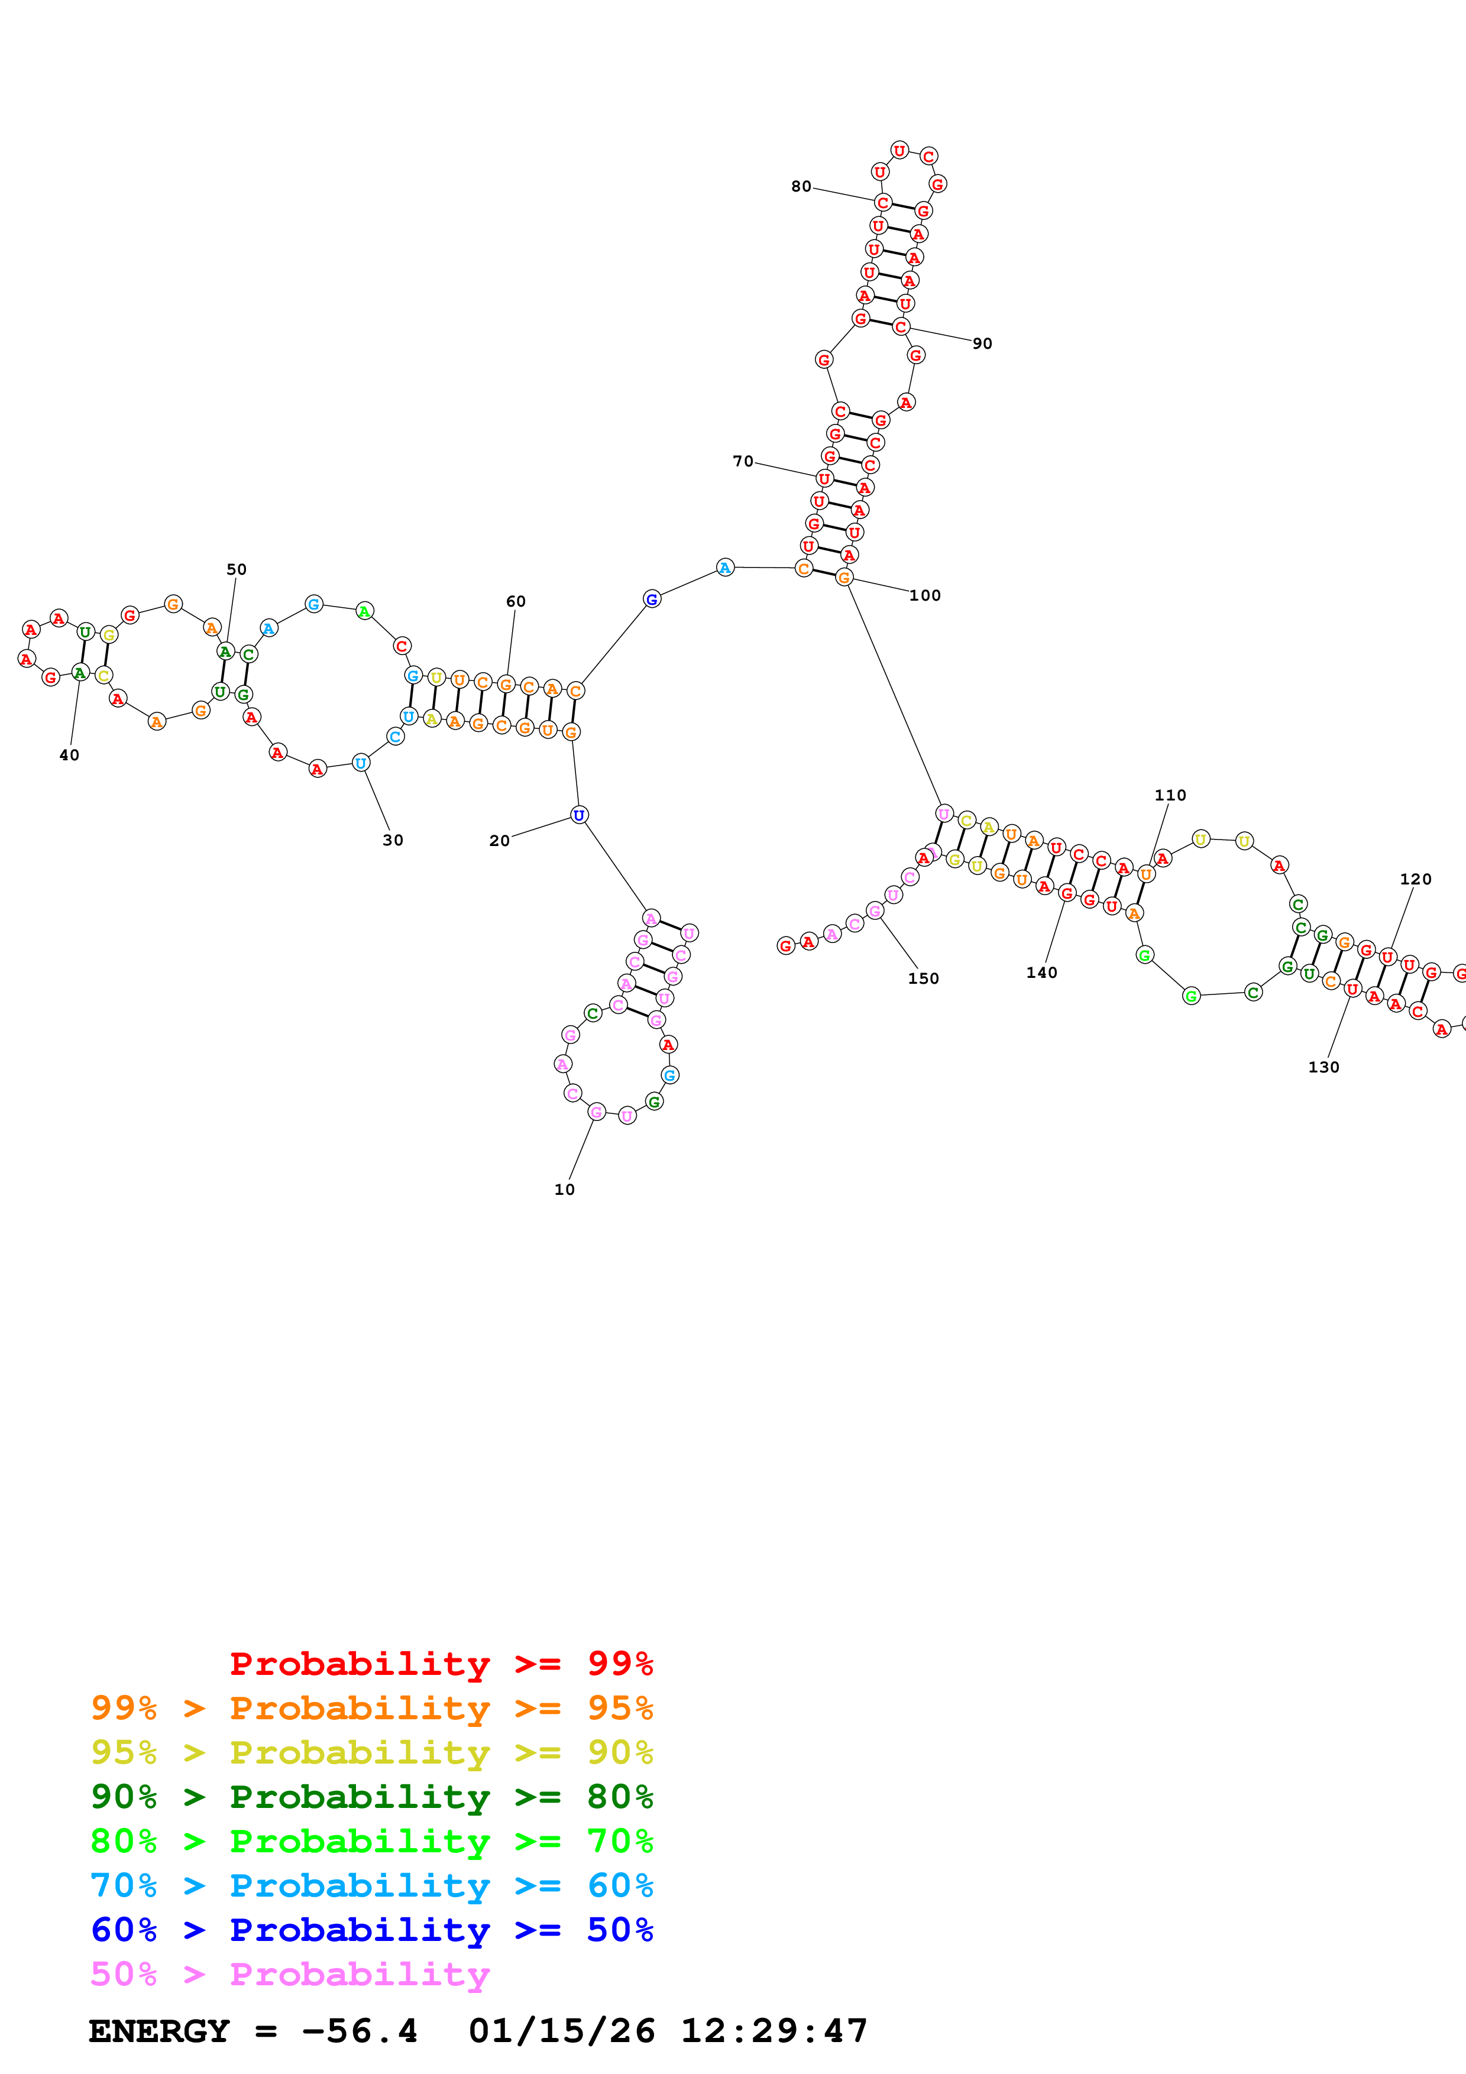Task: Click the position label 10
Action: click(x=565, y=1190)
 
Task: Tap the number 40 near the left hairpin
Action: click(x=70, y=755)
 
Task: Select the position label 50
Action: click(x=237, y=569)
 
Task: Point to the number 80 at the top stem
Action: click(x=801, y=186)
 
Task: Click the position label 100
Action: click(x=925, y=595)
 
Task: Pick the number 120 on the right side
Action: click(x=1415, y=879)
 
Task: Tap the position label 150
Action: click(x=923, y=978)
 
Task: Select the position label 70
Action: click(x=743, y=462)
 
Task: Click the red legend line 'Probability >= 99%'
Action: click(x=441, y=1664)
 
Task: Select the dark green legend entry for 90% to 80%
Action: click(x=371, y=1797)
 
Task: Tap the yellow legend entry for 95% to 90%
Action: click(x=371, y=1752)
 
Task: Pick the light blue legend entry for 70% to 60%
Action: click(x=371, y=1885)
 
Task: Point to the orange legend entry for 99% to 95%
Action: click(x=371, y=1708)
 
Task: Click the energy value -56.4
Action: click(x=360, y=2031)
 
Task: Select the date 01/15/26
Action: click(x=562, y=2031)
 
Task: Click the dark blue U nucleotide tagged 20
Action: click(x=579, y=816)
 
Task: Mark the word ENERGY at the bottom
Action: click(x=159, y=2031)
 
